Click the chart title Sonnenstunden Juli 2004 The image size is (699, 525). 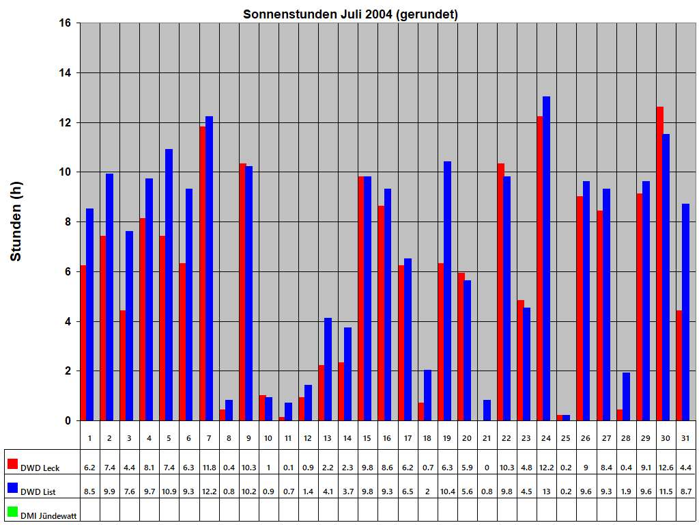(x=350, y=14)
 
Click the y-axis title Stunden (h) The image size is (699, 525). (x=16, y=221)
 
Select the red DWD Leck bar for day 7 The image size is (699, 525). (x=203, y=273)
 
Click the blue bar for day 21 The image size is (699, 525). (x=487, y=410)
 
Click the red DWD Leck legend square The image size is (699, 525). (x=12, y=464)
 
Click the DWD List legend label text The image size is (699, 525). (x=38, y=492)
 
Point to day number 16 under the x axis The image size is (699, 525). (x=387, y=437)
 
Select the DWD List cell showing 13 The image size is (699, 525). (x=546, y=492)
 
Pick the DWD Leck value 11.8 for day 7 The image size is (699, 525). (x=209, y=468)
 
